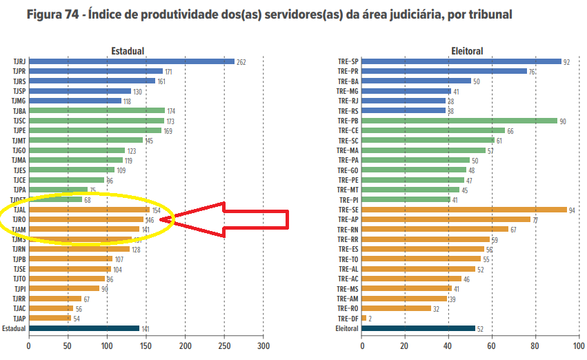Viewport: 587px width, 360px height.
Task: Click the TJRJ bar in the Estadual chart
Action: (131, 61)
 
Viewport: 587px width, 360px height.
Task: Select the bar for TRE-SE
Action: (464, 210)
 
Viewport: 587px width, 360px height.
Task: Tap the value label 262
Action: (241, 62)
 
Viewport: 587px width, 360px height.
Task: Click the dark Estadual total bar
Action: (83, 328)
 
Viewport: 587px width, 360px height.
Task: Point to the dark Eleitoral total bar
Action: (418, 328)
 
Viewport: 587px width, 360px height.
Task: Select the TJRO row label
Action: (19, 220)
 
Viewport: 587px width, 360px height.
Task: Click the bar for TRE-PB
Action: (459, 121)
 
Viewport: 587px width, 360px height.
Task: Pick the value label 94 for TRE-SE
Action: (573, 210)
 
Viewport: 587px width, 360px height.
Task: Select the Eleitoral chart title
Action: (467, 51)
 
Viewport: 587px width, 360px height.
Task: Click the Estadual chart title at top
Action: (128, 51)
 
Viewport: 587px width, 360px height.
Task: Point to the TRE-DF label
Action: (348, 319)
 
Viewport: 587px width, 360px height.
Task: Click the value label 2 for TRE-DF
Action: (370, 319)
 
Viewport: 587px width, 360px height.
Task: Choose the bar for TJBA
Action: (97, 110)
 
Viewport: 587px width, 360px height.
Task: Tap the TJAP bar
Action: (50, 318)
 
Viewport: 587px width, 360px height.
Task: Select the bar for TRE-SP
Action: (461, 61)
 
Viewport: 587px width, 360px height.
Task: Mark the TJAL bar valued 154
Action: (88, 210)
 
